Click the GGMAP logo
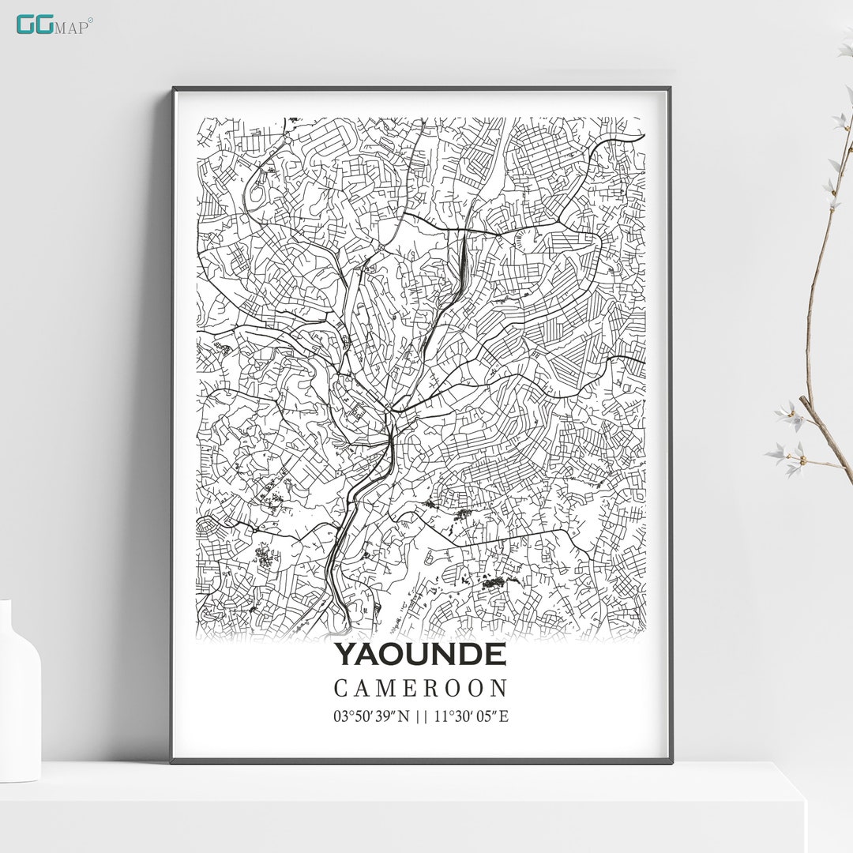54,24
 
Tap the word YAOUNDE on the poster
419,655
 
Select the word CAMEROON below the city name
420,689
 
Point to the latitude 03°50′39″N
372,717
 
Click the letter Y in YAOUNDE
344,655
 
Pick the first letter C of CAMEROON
340,689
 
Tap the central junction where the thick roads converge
390,411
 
